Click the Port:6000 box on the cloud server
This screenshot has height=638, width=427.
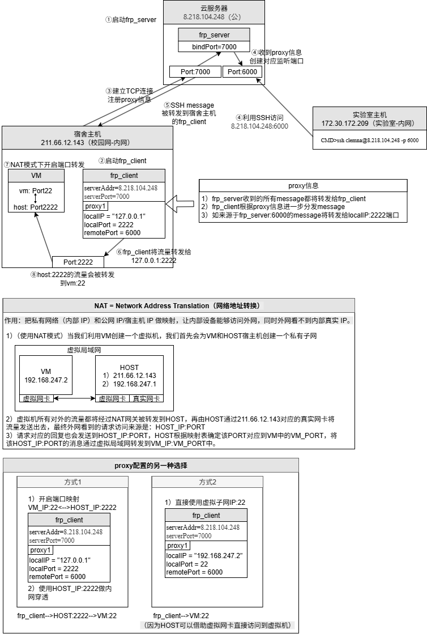point(242,72)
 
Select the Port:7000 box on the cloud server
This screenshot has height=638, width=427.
point(195,72)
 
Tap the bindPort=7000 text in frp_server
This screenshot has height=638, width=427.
point(215,46)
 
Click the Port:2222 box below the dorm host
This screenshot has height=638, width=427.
point(78,262)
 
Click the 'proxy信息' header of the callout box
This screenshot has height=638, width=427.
point(303,186)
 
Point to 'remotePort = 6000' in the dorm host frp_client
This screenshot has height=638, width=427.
point(112,233)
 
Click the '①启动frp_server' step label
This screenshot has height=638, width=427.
point(131,19)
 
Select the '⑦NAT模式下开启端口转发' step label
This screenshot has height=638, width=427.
point(43,164)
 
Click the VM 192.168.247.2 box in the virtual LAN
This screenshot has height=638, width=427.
point(46,375)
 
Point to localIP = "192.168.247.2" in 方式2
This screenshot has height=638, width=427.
point(204,556)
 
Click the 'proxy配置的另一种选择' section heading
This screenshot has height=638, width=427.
point(151,466)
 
